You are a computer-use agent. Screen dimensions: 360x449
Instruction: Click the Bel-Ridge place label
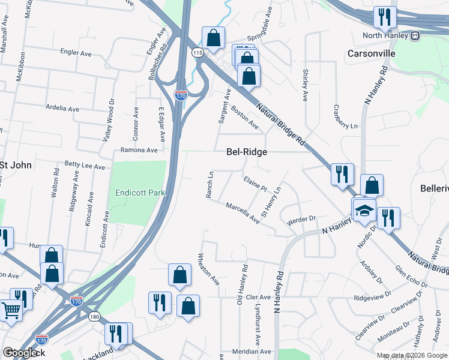(x=246, y=152)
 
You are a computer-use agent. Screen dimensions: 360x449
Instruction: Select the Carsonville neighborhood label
(x=372, y=53)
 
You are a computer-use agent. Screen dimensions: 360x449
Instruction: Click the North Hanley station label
(x=385, y=35)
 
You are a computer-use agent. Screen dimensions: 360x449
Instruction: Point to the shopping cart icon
(x=11, y=311)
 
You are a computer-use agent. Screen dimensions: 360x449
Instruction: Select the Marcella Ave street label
(x=243, y=214)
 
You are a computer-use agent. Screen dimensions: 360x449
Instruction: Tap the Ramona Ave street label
(x=139, y=150)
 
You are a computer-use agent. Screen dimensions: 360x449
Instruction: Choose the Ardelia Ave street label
(x=62, y=109)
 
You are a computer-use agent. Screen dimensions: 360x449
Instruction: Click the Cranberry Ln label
(x=345, y=117)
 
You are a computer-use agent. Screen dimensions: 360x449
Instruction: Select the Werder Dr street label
(x=301, y=219)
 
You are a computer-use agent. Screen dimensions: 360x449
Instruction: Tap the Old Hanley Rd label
(x=245, y=282)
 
